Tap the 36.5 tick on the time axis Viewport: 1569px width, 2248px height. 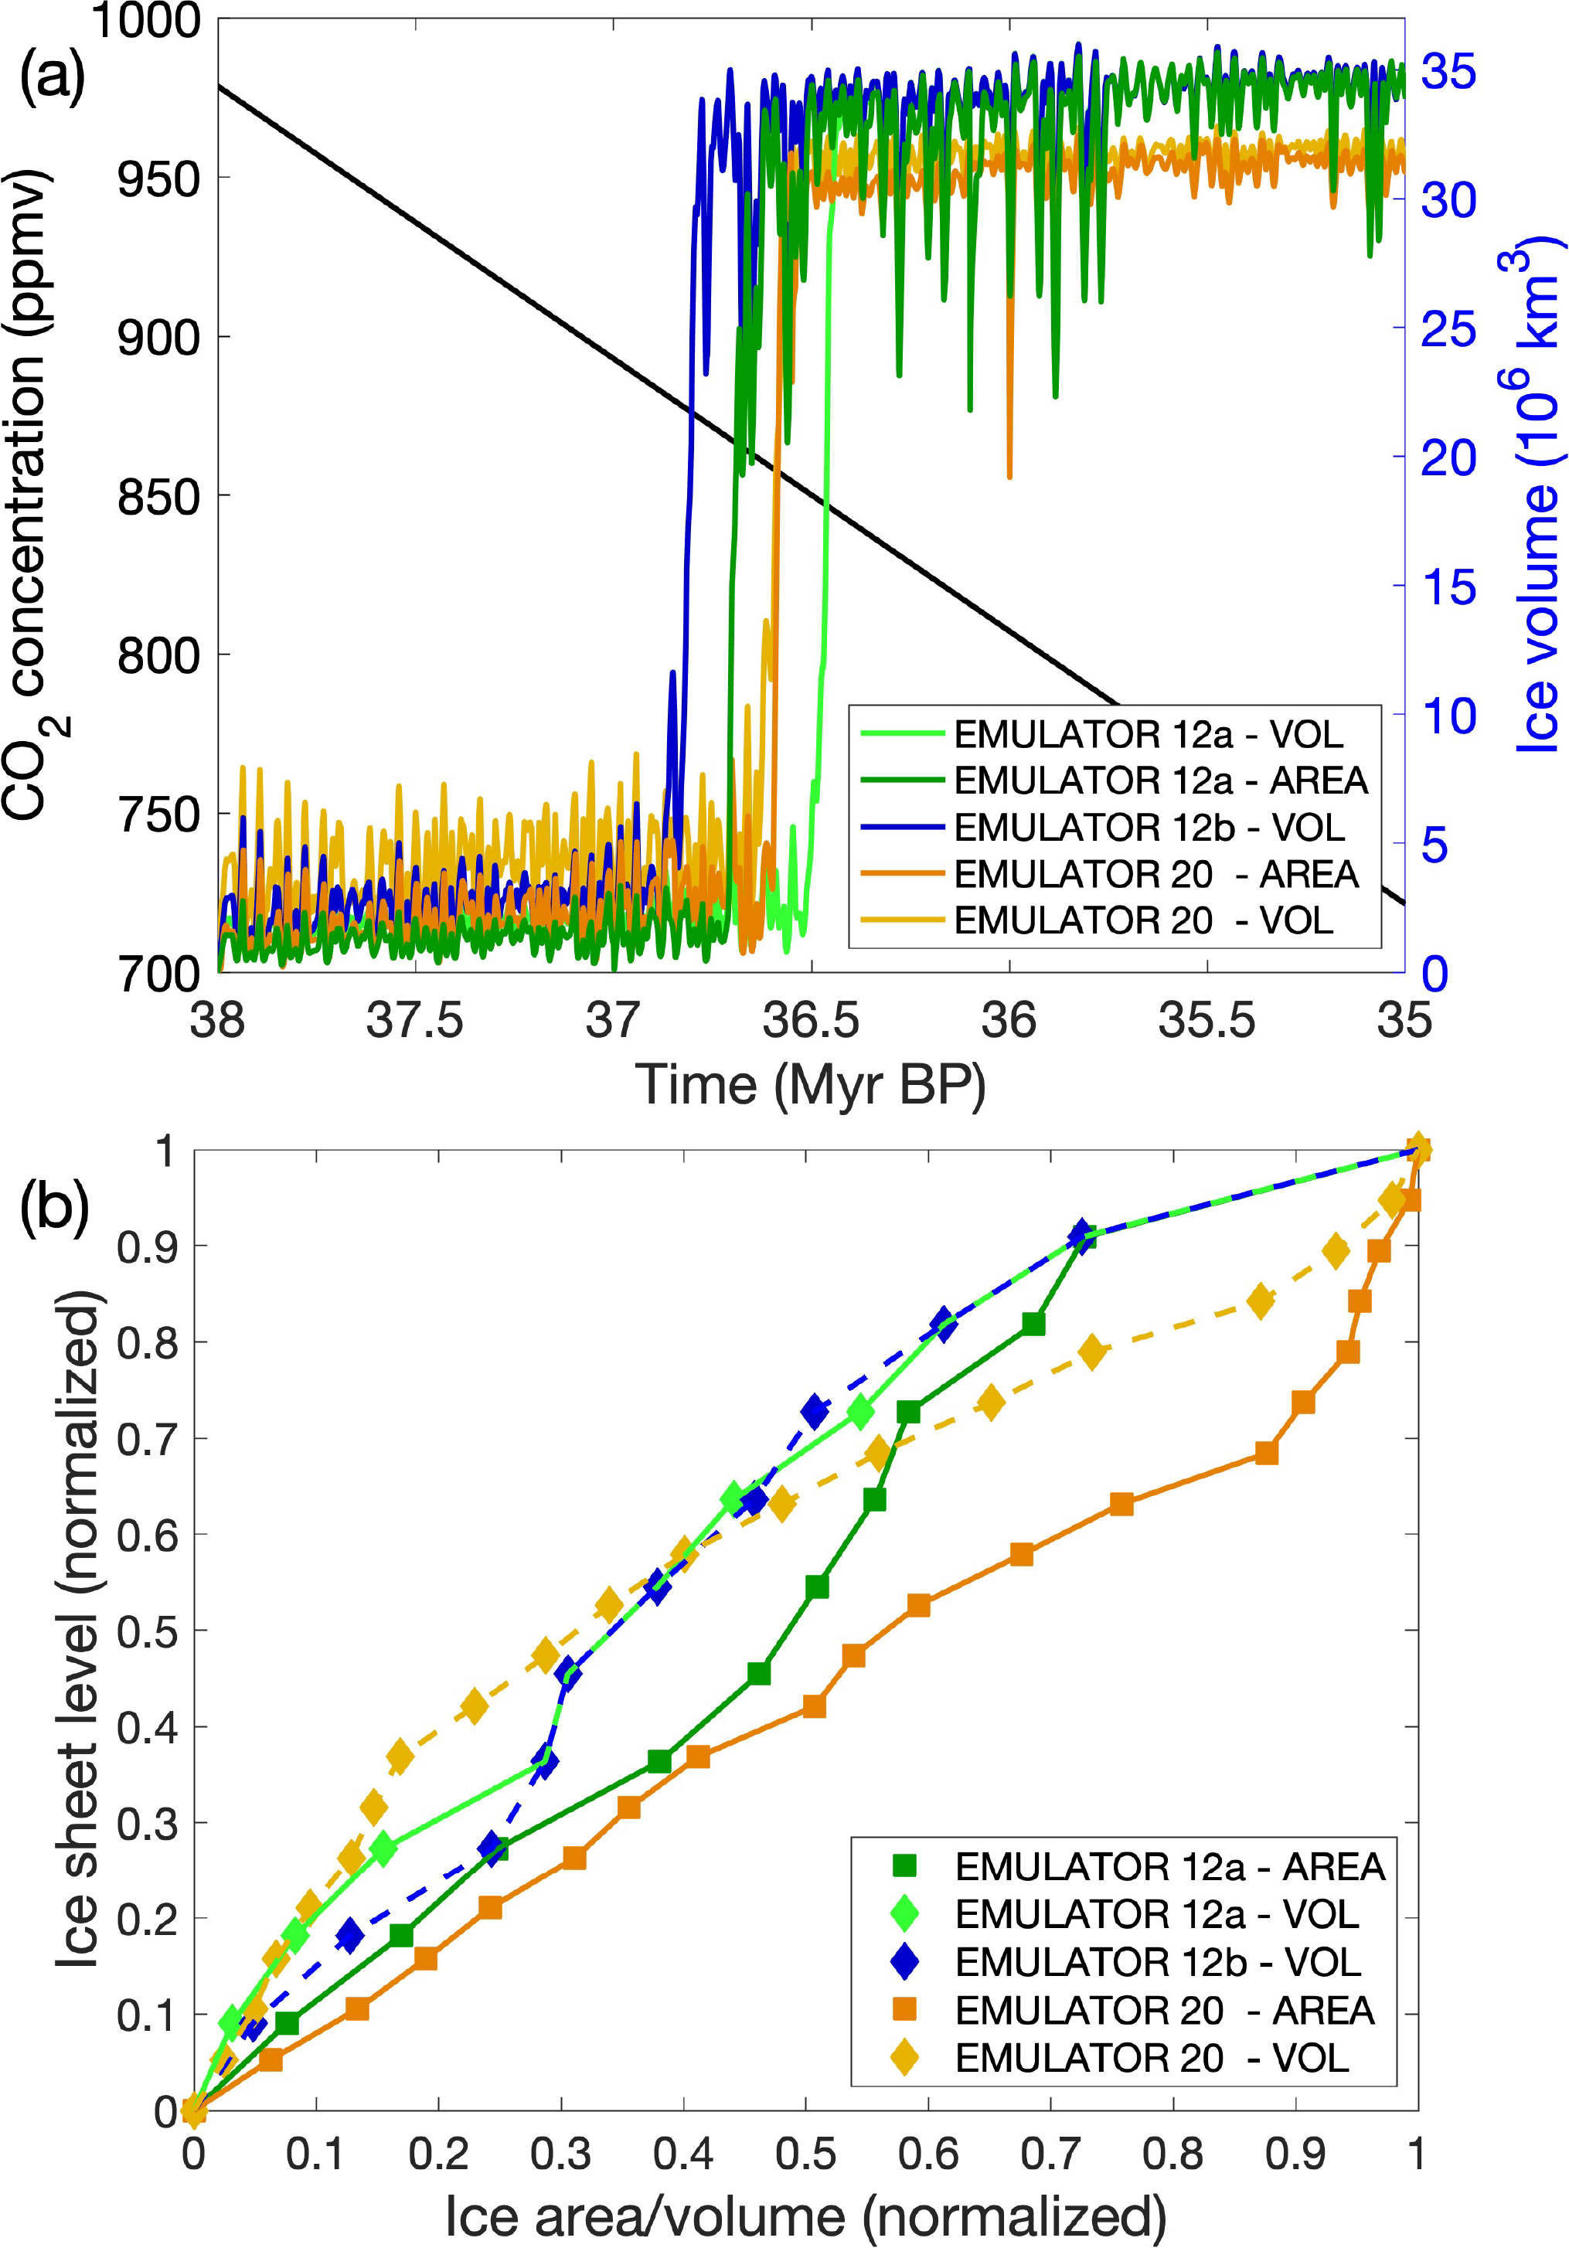click(x=811, y=1021)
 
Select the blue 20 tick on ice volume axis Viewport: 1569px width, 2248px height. click(x=1448, y=457)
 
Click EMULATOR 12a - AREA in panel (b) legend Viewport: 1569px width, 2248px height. click(x=1169, y=1867)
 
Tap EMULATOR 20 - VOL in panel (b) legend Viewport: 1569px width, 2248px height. click(x=1152, y=2058)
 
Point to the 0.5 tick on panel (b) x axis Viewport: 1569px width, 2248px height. click(x=805, y=2153)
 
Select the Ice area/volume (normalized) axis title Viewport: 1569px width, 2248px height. click(x=805, y=2216)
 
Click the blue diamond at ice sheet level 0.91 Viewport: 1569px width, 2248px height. click(x=1081, y=1236)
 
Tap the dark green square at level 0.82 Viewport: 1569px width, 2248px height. click(x=1033, y=1324)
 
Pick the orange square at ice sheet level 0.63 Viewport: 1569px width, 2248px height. click(x=1121, y=1505)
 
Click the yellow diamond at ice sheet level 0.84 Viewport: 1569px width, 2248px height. click(x=1261, y=1302)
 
